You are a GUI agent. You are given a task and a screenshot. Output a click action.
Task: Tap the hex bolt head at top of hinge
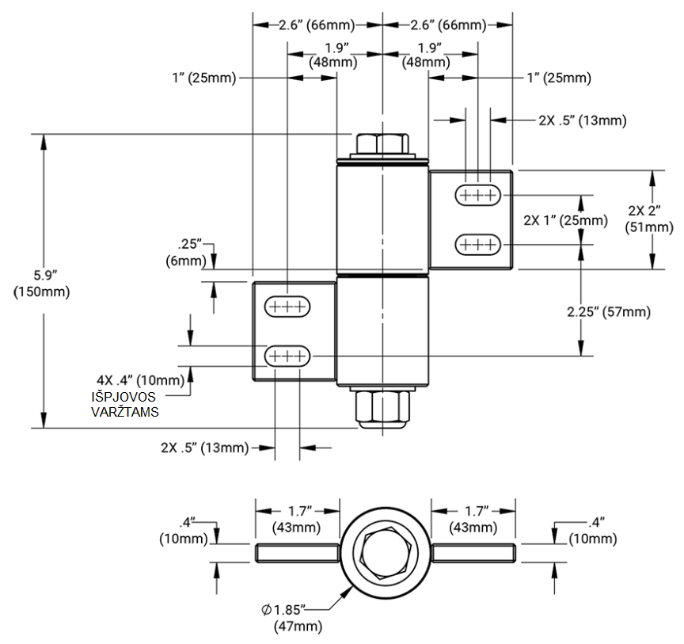(382, 144)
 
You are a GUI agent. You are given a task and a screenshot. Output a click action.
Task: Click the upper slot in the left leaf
(288, 306)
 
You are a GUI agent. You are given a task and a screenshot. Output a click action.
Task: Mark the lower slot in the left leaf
(288, 356)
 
